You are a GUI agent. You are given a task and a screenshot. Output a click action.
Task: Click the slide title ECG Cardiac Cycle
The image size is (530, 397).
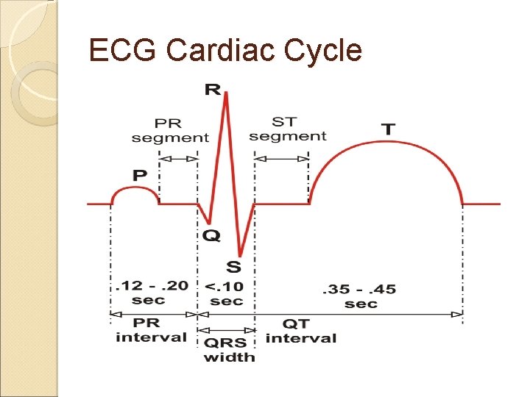[225, 51]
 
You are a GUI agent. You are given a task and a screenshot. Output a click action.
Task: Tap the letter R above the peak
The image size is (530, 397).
[212, 90]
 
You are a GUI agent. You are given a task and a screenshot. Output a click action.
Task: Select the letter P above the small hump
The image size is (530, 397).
[138, 176]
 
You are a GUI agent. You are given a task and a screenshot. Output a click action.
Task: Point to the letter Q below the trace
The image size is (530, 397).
[211, 235]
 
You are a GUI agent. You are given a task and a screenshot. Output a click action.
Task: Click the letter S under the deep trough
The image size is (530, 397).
[233, 265]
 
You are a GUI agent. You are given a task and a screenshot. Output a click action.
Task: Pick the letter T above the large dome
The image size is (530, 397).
[387, 129]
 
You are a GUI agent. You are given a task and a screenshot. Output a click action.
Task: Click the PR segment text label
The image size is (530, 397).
[170, 130]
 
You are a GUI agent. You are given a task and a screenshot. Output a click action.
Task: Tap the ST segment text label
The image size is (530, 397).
[287, 129]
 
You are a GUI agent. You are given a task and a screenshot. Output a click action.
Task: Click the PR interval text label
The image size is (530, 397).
[151, 330]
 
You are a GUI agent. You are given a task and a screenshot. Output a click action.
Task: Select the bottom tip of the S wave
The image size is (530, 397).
[240, 255]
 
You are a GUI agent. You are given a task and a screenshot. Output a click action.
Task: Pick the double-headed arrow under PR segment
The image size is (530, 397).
[179, 158]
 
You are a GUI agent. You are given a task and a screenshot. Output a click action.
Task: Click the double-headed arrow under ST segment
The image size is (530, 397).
[282, 158]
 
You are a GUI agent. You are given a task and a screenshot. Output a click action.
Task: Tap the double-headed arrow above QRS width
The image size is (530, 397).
[227, 330]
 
